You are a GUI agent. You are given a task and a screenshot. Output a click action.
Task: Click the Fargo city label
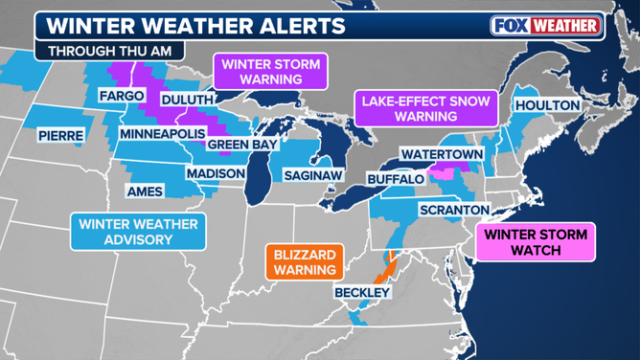pyautogui.click(x=122, y=97)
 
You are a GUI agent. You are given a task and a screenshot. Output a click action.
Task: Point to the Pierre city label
pyautogui.click(x=61, y=136)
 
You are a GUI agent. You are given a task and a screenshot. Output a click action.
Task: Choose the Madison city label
pyautogui.click(x=210, y=173)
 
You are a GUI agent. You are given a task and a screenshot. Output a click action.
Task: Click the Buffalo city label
pyautogui.click(x=395, y=180)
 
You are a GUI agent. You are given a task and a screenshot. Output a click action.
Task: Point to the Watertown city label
pyautogui.click(x=431, y=153)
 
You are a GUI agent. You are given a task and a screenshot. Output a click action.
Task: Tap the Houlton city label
pyautogui.click(x=547, y=104)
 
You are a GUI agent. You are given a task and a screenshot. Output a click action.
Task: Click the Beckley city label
pyautogui.click(x=362, y=291)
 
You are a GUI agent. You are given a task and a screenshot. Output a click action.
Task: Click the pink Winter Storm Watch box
pyautogui.click(x=535, y=241)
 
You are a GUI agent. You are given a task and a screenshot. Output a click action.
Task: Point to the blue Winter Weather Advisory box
pyautogui.click(x=138, y=232)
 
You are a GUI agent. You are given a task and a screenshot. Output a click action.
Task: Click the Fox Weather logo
pyautogui.click(x=546, y=26)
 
